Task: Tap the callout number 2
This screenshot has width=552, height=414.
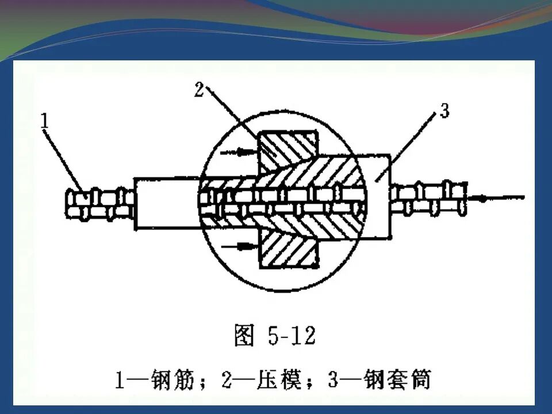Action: coord(199,90)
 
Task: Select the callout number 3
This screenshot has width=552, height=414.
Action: coord(444,111)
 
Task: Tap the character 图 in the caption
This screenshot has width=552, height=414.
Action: coord(244,336)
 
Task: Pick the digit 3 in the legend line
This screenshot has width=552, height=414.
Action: coord(334,381)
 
